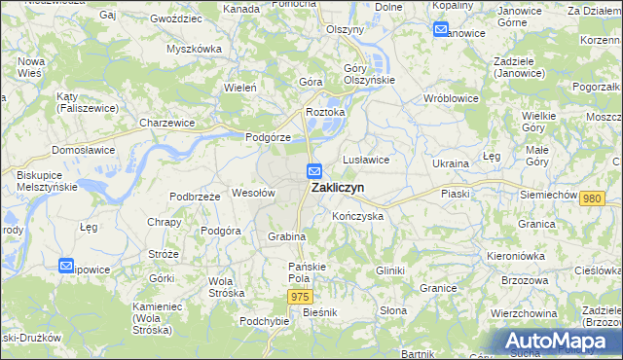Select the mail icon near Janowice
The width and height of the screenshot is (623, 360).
coord(440,29)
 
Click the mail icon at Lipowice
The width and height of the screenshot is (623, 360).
coord(66,265)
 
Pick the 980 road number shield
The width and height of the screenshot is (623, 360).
coord(591,198)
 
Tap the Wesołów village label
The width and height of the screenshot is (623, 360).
coord(254,193)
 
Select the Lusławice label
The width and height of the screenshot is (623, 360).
coord(366,159)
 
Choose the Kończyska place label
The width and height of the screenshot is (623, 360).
coord(357,216)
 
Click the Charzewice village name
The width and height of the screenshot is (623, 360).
coord(166,124)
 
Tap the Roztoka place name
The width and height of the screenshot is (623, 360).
coord(326,112)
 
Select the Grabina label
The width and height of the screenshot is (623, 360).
coord(287,236)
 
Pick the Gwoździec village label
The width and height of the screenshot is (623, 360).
coord(176,18)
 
